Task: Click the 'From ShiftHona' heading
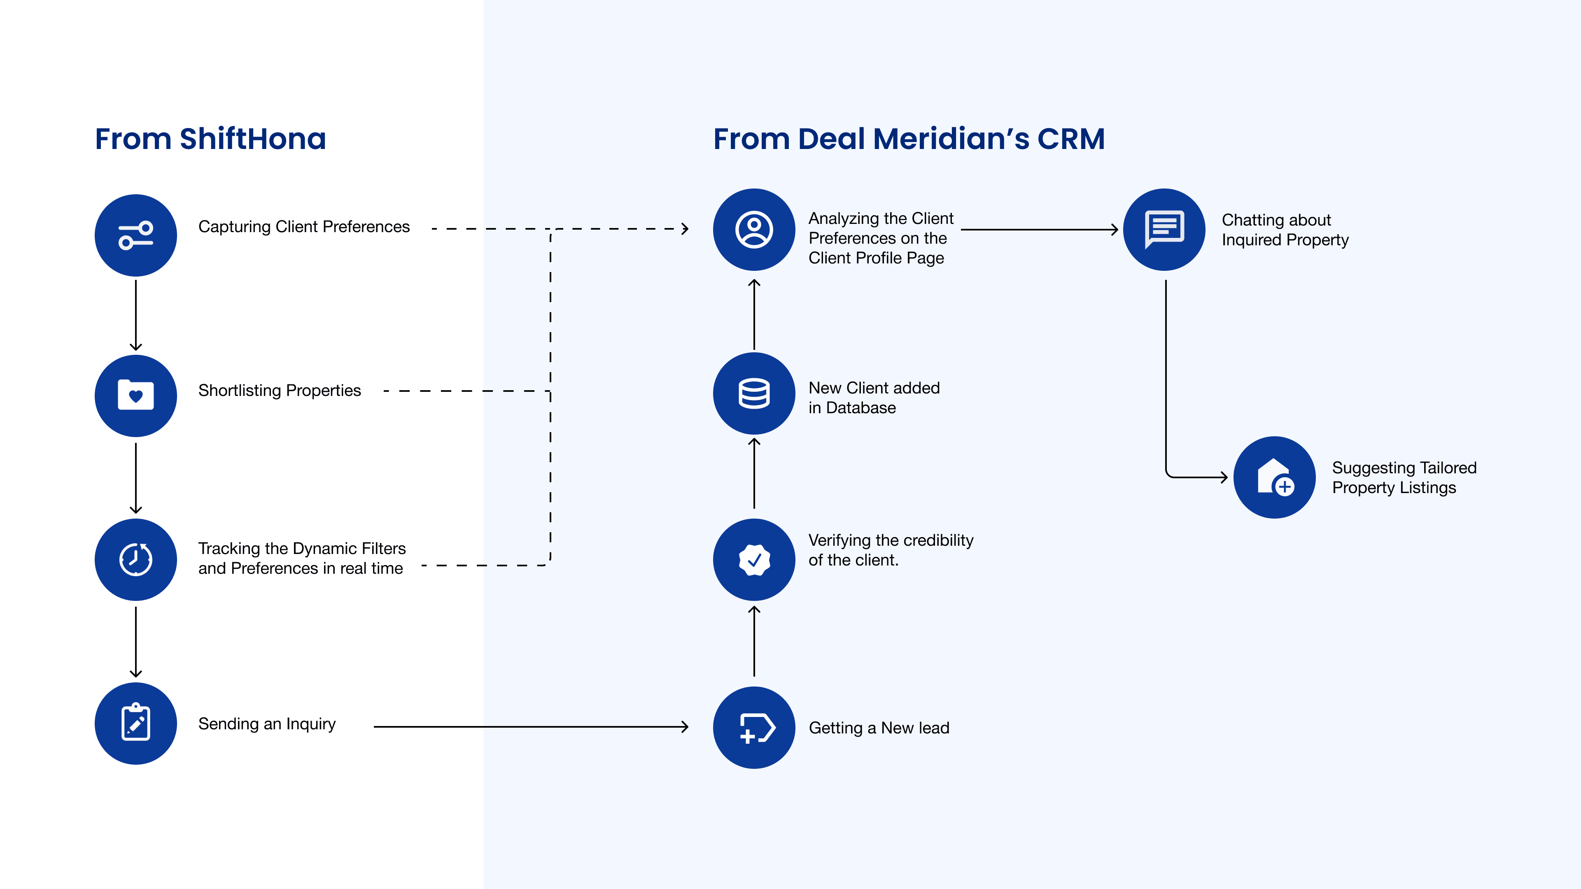coord(210,139)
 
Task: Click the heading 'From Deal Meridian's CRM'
coord(909,139)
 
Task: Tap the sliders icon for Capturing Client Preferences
coord(135,235)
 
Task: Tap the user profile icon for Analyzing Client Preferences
coord(754,230)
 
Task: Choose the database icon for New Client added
coord(754,393)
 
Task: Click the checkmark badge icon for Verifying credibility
coord(754,560)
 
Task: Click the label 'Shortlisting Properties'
coord(279,391)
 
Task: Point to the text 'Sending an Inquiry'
coord(267,724)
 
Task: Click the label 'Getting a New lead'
coord(879,728)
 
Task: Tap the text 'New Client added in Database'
coord(874,398)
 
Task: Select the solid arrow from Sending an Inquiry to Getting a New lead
coord(531,727)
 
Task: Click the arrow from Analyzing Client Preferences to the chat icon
coord(1040,230)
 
